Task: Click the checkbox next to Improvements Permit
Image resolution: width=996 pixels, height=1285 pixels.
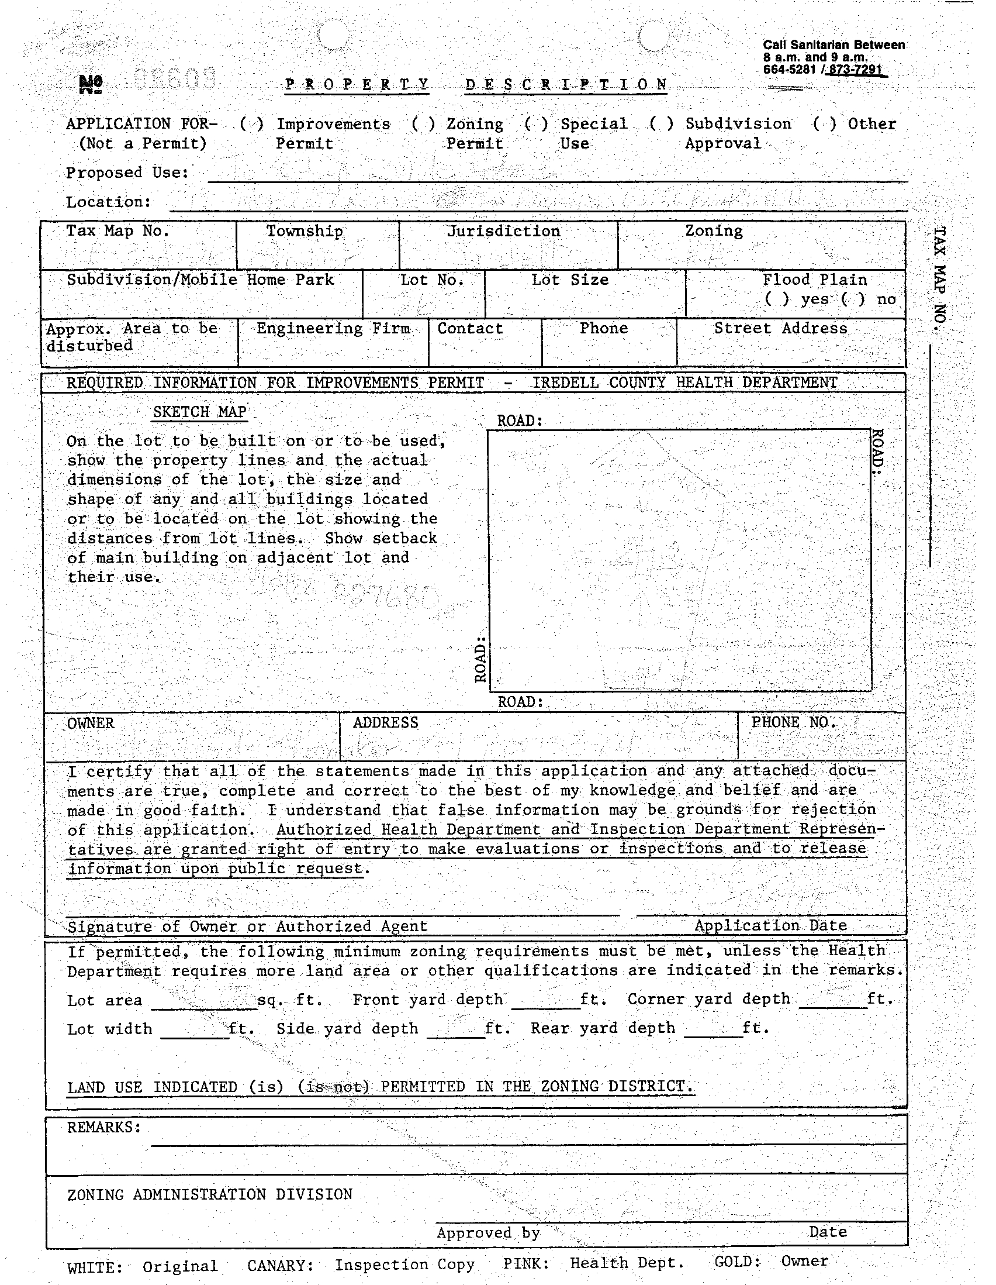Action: point(253,124)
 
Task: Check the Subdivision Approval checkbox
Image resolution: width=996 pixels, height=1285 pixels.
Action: point(662,124)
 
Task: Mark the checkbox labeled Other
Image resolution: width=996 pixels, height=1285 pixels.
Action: point(824,124)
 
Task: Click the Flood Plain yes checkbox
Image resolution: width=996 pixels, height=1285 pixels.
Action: point(777,299)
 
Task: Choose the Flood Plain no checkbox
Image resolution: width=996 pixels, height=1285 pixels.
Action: point(853,299)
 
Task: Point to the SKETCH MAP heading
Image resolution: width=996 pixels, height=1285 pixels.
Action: point(199,412)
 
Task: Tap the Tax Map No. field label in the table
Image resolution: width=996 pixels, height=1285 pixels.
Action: point(117,230)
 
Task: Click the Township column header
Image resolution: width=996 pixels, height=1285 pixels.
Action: point(304,230)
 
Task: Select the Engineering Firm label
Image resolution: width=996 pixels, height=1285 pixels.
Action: point(333,328)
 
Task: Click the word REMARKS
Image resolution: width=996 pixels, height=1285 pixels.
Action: point(103,1126)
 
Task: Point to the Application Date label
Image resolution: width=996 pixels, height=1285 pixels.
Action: point(770,925)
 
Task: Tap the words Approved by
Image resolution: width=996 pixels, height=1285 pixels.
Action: point(488,1232)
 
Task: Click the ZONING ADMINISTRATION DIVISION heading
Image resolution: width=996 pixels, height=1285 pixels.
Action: point(210,1194)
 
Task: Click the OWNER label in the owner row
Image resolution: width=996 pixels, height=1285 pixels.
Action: point(91,723)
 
